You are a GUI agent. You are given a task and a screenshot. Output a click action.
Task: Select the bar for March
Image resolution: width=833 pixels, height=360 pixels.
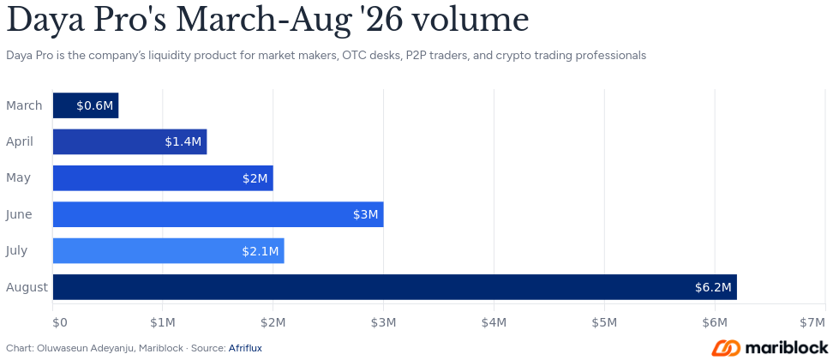pyautogui.click(x=86, y=105)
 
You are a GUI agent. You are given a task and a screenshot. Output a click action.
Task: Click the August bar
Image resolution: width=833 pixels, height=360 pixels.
pyautogui.click(x=395, y=287)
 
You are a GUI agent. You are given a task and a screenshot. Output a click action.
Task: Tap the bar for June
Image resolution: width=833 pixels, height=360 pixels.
pyautogui.click(x=219, y=214)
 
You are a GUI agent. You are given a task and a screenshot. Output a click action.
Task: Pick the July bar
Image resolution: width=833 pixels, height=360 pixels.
pyautogui.click(x=169, y=250)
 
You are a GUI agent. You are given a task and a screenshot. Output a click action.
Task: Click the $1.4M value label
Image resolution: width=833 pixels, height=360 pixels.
pyautogui.click(x=183, y=141)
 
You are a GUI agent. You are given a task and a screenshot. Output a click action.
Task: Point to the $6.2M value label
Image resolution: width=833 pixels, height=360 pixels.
pyautogui.click(x=713, y=287)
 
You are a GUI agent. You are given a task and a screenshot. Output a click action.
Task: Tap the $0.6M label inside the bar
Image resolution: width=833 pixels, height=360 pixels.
pyautogui.click(x=94, y=105)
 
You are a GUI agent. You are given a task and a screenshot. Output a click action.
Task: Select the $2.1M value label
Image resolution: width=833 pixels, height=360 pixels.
pyautogui.click(x=261, y=251)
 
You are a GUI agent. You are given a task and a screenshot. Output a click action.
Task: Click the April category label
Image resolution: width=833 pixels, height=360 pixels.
pyautogui.click(x=20, y=141)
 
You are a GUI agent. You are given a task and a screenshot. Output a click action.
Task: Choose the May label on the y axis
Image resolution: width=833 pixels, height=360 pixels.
pyautogui.click(x=18, y=178)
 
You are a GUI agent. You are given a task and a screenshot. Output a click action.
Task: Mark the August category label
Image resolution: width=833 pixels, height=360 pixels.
pyautogui.click(x=27, y=288)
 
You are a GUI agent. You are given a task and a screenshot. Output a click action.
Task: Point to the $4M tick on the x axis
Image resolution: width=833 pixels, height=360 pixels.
pyautogui.click(x=494, y=322)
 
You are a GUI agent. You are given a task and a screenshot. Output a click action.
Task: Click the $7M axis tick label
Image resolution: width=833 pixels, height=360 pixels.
pyautogui.click(x=813, y=322)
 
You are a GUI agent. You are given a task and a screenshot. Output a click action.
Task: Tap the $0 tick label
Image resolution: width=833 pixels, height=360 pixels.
pyautogui.click(x=59, y=322)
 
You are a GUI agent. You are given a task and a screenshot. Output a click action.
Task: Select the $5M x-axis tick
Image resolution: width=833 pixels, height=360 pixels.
pyautogui.click(x=604, y=322)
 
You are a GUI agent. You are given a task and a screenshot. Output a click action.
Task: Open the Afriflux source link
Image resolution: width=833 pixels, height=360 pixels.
pyautogui.click(x=245, y=348)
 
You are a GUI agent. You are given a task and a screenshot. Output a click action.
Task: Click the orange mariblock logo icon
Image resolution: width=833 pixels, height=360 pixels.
pyautogui.click(x=726, y=348)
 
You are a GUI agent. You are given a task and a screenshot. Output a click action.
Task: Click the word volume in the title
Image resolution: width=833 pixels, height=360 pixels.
pyautogui.click(x=470, y=21)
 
